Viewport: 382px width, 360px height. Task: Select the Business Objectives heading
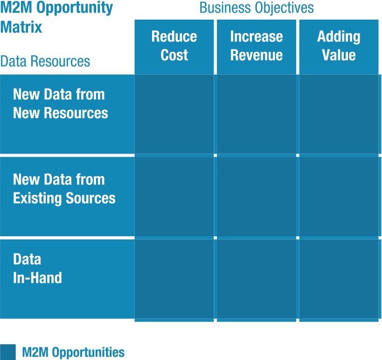click(256, 8)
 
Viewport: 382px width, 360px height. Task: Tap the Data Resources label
click(45, 61)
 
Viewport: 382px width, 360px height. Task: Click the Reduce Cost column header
click(174, 46)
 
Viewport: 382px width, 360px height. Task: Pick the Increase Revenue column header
click(256, 46)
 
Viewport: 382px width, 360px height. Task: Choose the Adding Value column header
click(339, 46)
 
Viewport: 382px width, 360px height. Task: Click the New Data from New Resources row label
click(60, 104)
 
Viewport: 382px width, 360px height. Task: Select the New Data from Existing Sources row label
click(64, 189)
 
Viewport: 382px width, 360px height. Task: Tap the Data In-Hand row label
click(37, 268)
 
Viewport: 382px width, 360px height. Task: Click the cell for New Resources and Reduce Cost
click(174, 114)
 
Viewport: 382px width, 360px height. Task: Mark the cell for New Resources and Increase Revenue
click(256, 114)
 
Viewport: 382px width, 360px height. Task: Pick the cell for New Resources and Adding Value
click(339, 114)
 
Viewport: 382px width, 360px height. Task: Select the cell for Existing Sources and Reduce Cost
click(174, 197)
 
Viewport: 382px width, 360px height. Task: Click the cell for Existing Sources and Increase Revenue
click(256, 197)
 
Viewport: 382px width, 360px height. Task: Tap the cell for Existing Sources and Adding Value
click(339, 197)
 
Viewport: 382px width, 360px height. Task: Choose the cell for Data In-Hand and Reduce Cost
click(174, 279)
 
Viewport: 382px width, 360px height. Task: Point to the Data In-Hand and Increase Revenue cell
click(256, 279)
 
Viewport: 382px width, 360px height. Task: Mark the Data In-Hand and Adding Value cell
click(339, 279)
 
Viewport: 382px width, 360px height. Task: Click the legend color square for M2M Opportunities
click(8, 352)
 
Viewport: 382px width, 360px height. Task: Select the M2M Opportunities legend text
click(73, 352)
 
